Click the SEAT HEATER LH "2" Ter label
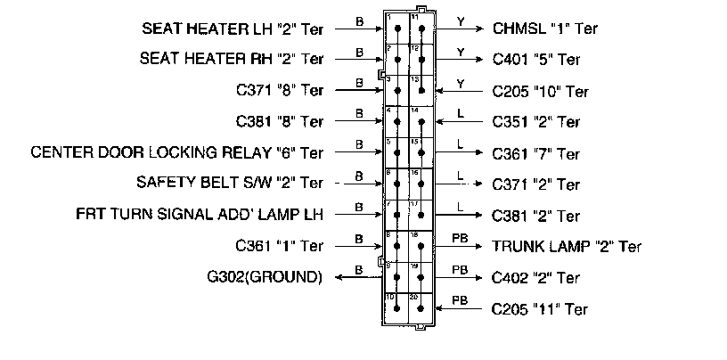(x=232, y=28)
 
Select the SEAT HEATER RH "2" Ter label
(x=232, y=59)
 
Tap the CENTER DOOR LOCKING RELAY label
(x=176, y=152)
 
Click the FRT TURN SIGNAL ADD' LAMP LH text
(x=200, y=215)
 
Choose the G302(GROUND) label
(x=263, y=276)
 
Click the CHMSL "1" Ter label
(x=544, y=28)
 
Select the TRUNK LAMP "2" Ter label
(x=567, y=247)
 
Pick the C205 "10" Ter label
(x=541, y=91)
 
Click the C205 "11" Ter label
(x=540, y=309)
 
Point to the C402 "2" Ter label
(x=536, y=277)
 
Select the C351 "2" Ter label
(x=536, y=121)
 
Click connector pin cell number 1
(x=396, y=28)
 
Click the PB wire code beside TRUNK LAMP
(x=460, y=238)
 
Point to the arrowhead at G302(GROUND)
(x=339, y=277)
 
